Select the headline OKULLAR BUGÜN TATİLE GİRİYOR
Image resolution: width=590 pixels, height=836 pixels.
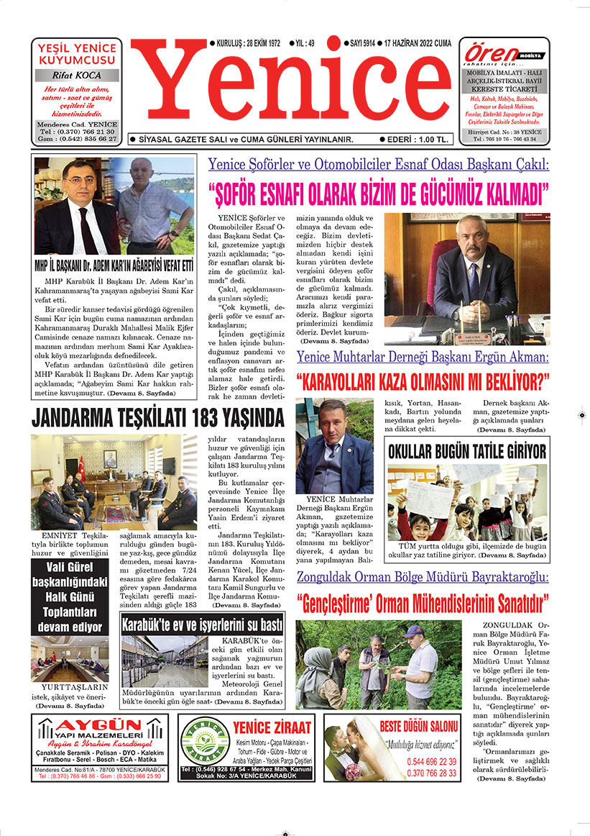click(x=467, y=451)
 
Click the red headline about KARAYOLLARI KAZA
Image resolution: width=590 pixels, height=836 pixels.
click(x=423, y=379)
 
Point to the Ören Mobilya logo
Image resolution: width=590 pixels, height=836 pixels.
click(x=503, y=53)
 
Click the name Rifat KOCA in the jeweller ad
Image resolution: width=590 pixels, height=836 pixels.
click(x=77, y=75)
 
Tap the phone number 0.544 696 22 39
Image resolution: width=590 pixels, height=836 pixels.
click(x=431, y=761)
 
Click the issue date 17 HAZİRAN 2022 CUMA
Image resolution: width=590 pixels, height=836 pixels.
click(x=418, y=43)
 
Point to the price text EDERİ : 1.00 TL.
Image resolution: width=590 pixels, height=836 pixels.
click(x=418, y=139)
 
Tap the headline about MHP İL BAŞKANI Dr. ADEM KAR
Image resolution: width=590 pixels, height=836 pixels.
click(x=114, y=264)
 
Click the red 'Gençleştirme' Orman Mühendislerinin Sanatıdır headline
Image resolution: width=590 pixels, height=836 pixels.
click(x=423, y=600)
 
